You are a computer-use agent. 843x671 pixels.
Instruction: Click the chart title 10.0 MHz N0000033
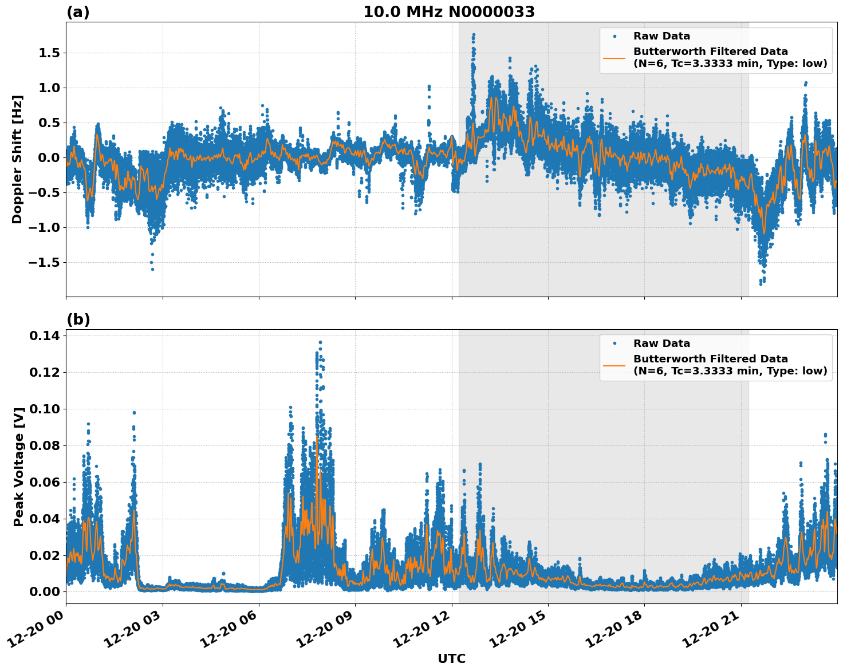click(x=448, y=12)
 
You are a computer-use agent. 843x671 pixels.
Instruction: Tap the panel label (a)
click(x=78, y=12)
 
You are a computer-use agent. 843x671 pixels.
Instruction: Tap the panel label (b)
click(x=78, y=319)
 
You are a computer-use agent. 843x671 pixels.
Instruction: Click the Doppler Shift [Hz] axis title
click(x=17, y=159)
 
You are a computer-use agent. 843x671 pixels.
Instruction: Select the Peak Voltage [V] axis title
click(x=19, y=467)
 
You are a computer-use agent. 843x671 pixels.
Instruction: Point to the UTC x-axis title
click(x=451, y=658)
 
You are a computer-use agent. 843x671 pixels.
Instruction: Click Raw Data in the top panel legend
click(x=661, y=36)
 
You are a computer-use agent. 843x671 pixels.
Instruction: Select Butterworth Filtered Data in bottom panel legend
click(x=710, y=359)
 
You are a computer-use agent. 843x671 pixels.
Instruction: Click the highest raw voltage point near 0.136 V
click(x=320, y=342)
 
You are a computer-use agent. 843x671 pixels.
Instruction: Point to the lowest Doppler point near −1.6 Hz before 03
click(x=152, y=269)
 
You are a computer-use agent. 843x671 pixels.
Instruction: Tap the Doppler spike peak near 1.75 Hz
click(x=474, y=35)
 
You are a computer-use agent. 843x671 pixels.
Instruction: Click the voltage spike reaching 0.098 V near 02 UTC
click(x=134, y=412)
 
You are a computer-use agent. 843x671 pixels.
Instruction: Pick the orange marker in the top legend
click(x=614, y=57)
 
